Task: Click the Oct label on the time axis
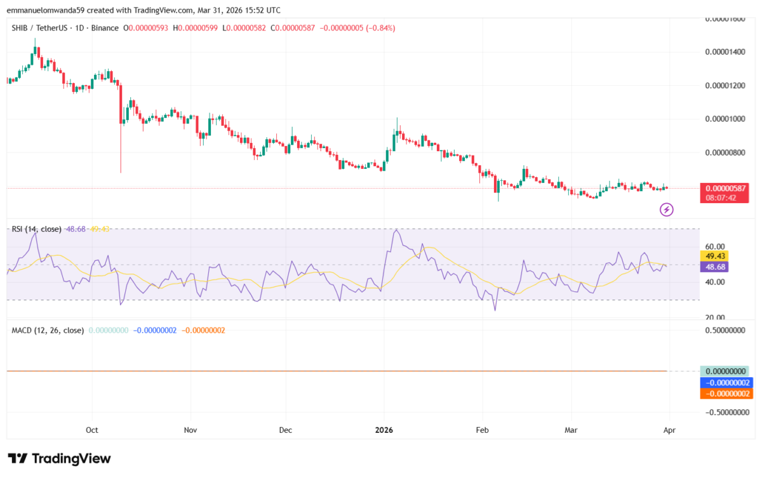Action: (92, 430)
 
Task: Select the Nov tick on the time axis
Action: (190, 430)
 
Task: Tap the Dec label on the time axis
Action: (285, 430)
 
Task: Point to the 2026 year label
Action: (384, 430)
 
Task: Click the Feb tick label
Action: (482, 430)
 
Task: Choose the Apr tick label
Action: (669, 430)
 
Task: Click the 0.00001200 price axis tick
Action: (725, 85)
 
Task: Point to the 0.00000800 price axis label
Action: (725, 153)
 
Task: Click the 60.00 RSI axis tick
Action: (716, 246)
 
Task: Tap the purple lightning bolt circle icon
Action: (667, 209)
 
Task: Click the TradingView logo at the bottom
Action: (59, 458)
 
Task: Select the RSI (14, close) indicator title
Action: (36, 229)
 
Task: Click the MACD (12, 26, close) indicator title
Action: (48, 330)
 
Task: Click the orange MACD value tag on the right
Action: (725, 394)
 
